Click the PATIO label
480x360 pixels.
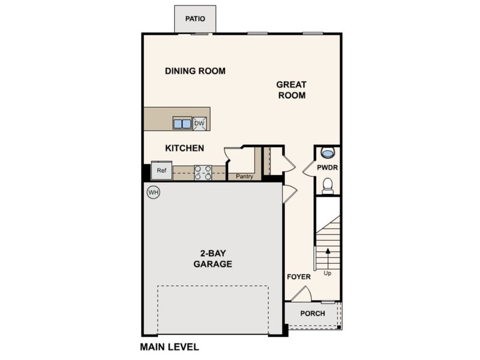pos(195,19)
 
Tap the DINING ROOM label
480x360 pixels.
pos(196,71)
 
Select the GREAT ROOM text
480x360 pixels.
pos(292,89)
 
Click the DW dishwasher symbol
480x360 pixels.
pos(200,124)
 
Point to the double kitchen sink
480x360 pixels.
pos(182,124)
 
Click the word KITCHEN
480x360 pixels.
pos(185,148)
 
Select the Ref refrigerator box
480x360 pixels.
pos(161,170)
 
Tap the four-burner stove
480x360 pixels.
pos(203,173)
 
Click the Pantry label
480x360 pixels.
pos(245,176)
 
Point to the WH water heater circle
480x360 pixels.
pos(154,192)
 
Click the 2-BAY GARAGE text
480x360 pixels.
pos(213,259)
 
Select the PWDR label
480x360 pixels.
pos(327,167)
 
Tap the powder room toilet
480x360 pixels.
pos(328,186)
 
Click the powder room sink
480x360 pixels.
pos(327,152)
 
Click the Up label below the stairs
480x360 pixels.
pos(328,273)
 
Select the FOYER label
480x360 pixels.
pos(299,277)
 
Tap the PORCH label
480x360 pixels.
pos(313,313)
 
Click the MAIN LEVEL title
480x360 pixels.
pos(170,347)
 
